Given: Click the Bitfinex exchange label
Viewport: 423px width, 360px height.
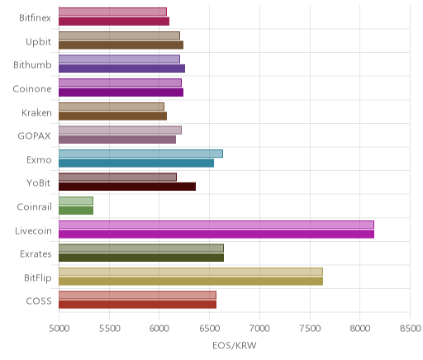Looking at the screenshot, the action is point(35,18).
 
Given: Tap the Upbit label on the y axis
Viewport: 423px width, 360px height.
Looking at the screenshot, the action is point(38,42).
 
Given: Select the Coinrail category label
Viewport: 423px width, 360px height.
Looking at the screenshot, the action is point(34,206).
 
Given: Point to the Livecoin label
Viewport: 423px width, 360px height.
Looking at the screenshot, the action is point(33,230).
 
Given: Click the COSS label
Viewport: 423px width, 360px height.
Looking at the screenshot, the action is point(39,301).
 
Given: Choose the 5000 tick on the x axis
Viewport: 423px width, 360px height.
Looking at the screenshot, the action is point(59,329).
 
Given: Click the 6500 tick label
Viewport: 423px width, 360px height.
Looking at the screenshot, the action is point(210,329).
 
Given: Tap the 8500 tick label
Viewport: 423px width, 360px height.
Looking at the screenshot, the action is point(411,329).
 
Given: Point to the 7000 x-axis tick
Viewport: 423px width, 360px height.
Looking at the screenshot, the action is point(259,329).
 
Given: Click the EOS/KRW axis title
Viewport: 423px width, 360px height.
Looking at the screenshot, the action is point(235,345).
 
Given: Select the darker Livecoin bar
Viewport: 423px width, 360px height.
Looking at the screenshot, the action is point(216,234).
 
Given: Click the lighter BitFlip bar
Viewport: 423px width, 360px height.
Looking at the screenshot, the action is point(191,272).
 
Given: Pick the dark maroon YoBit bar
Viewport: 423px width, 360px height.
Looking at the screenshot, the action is point(127,187).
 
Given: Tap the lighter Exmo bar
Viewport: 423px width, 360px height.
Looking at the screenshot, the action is point(140,154).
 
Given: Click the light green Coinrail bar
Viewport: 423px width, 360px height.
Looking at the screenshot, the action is point(76,201).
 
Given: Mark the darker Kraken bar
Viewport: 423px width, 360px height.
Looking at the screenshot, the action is point(112,116).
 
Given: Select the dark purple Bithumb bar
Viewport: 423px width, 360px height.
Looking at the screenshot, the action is point(121,69).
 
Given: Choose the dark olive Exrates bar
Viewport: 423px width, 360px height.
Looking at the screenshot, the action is point(141,258).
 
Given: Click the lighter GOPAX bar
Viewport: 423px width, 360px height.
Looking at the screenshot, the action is point(120,130).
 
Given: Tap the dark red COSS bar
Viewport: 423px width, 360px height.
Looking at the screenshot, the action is point(137,305).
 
